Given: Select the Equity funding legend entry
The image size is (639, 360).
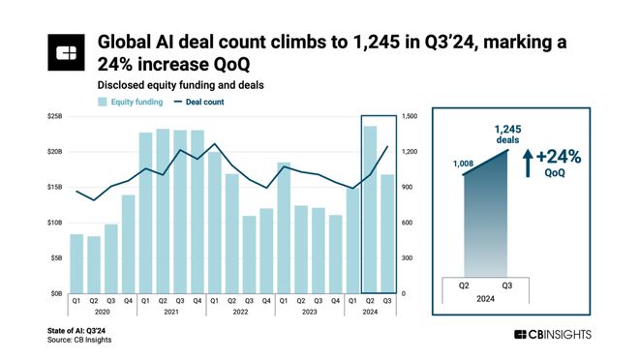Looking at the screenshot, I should tap(130, 102).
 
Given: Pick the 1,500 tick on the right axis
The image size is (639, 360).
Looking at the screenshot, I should tap(411, 117).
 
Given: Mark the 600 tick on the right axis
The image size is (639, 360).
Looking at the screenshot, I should tap(410, 223).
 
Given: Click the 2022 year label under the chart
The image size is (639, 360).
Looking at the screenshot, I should tap(240, 313).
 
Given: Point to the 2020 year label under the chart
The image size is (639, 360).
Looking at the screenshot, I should tap(102, 313).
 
